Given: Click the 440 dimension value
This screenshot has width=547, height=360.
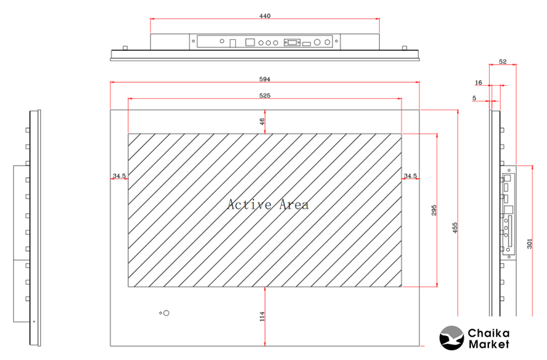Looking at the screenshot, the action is (x=265, y=16).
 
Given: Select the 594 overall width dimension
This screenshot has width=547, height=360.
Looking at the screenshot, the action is (x=265, y=79).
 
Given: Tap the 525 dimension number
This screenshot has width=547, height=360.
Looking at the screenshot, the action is (x=265, y=96).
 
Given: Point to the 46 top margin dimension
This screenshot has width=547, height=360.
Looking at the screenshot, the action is (x=262, y=121).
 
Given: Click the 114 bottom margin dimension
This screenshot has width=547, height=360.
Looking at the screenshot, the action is (x=262, y=316).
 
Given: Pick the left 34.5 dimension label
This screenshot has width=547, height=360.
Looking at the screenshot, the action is (x=119, y=176).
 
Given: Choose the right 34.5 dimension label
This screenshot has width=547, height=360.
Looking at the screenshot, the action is (x=410, y=176).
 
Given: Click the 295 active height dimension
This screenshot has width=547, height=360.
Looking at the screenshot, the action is (x=434, y=210).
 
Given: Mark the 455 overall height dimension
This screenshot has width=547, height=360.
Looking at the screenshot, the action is (x=455, y=228).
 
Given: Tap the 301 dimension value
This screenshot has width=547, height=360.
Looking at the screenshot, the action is (x=529, y=243).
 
